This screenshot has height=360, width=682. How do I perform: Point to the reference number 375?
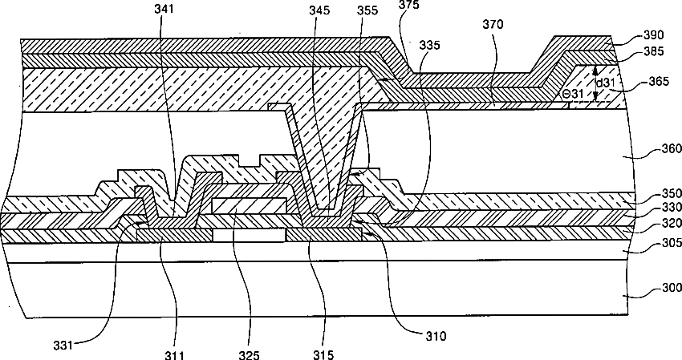click(x=408, y=6)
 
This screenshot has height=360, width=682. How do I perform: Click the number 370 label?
click(x=493, y=25)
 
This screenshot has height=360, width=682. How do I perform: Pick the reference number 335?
click(x=429, y=47)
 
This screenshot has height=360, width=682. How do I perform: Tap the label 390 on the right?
click(x=655, y=37)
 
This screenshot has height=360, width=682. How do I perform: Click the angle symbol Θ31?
click(x=573, y=94)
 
